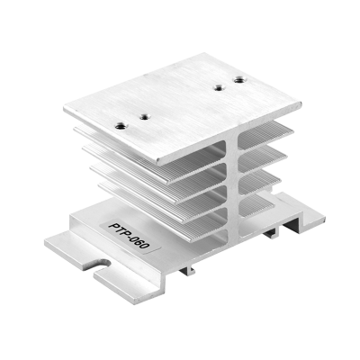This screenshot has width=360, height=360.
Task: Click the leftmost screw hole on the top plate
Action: (121, 125)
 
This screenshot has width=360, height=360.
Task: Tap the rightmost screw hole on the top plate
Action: (239, 80)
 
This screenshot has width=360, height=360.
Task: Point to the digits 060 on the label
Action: (141, 243)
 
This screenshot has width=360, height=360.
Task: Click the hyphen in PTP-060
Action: (131, 237)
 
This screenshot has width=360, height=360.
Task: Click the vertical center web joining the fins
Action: (232, 188)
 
